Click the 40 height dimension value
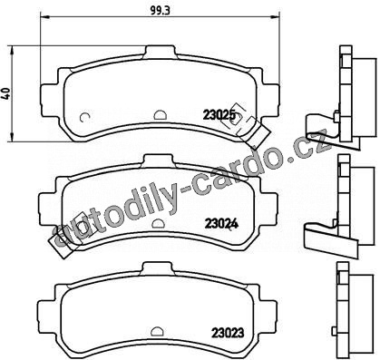(x=6, y=93)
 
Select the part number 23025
(x=219, y=115)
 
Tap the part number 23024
(x=222, y=224)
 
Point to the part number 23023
(x=228, y=333)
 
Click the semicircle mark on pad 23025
(x=160, y=114)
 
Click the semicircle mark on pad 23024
(x=158, y=223)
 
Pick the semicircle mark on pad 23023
(x=156, y=331)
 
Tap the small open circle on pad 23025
(x=84, y=117)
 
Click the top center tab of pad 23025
(x=160, y=51)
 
